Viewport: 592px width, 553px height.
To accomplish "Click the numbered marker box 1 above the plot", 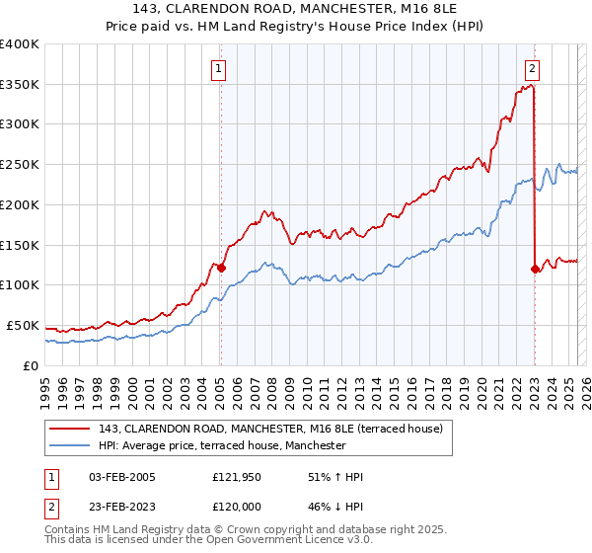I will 218,68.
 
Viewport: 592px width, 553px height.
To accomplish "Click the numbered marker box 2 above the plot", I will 532,68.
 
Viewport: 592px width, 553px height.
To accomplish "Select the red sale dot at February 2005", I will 220,267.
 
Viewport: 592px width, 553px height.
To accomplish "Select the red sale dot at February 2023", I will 535,268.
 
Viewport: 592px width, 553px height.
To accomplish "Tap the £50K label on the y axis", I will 23,325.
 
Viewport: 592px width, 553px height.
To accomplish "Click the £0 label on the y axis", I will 30,365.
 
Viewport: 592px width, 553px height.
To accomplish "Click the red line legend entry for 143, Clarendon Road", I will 276,429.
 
